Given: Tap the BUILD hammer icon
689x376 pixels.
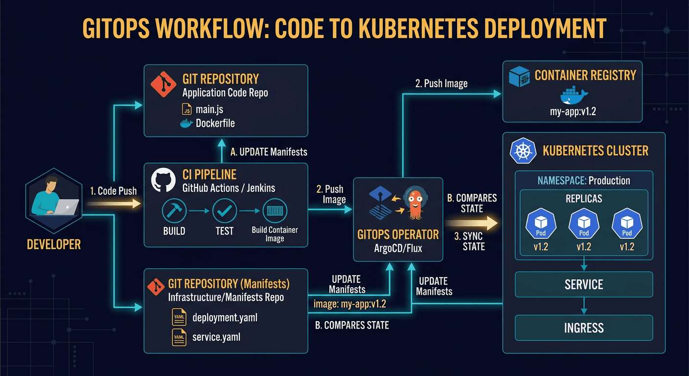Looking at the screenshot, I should [x=174, y=211].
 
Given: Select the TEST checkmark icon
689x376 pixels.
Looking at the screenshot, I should [x=225, y=211].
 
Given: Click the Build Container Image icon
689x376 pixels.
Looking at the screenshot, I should [x=275, y=211].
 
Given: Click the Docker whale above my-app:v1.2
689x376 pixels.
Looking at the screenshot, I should [x=573, y=94].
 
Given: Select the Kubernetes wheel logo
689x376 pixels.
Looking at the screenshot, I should [x=521, y=151].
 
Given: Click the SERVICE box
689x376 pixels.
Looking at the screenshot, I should [x=584, y=284].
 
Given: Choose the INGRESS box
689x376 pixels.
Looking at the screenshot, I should [x=584, y=328].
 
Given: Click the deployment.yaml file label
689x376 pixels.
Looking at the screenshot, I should [x=225, y=318].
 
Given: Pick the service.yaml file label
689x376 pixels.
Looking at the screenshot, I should [x=216, y=337].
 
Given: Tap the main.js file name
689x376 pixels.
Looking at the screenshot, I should [x=209, y=109].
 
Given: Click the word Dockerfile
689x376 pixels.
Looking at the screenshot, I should [x=215, y=123].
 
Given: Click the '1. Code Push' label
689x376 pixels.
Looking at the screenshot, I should [x=114, y=191].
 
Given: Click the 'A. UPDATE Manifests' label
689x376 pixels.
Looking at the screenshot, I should [x=268, y=152].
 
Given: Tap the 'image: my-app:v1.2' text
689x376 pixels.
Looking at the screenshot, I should [x=349, y=304].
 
